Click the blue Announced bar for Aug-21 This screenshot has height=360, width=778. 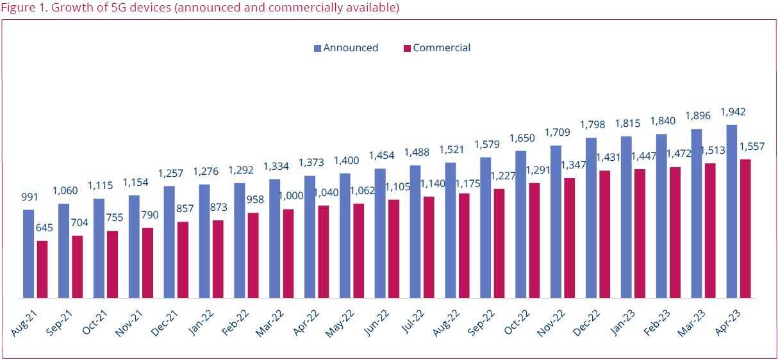pos(28,254)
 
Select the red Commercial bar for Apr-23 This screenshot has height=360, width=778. pos(745,229)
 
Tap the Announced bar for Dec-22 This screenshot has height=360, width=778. pos(591,218)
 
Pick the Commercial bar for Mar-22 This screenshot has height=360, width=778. pos(288,254)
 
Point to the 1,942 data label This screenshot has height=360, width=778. pos(733,111)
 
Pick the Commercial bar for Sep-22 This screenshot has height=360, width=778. pos(499,243)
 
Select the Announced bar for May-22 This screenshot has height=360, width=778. pos(345,236)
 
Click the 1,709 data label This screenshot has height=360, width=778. pos(556,133)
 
